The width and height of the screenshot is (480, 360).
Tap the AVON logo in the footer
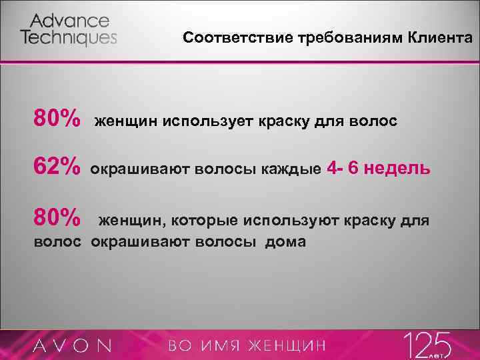(73, 345)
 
